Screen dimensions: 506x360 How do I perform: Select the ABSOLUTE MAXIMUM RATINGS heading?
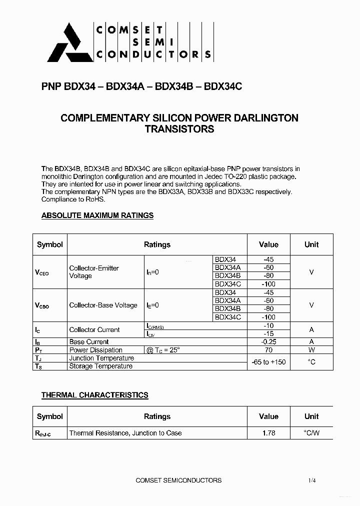pyautogui.click(x=97, y=215)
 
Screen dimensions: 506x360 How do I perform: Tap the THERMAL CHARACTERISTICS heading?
pyautogui.click(x=94, y=395)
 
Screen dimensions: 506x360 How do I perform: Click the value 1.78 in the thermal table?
pyautogui.click(x=268, y=433)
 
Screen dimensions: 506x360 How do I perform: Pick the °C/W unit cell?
pyautogui.click(x=311, y=433)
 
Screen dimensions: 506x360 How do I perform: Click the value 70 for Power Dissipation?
pyautogui.click(x=268, y=350)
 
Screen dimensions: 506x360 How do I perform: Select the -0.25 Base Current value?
pyautogui.click(x=268, y=342)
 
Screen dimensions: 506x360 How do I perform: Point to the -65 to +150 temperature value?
pyautogui.click(x=268, y=361)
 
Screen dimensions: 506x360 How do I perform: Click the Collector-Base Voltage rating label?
pyautogui.click(x=103, y=305)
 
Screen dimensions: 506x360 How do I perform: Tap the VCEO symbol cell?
pyautogui.click(x=42, y=272)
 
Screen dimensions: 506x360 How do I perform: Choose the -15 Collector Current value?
pyautogui.click(x=268, y=333)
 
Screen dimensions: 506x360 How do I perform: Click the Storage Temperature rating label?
pyautogui.click(x=101, y=366)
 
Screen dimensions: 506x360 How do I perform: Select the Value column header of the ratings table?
pyautogui.click(x=268, y=244)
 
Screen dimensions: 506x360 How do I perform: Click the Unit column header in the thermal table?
pyautogui.click(x=311, y=416)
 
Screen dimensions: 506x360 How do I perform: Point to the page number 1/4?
pyautogui.click(x=312, y=480)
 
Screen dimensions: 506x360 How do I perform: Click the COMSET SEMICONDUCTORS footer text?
pyautogui.click(x=178, y=480)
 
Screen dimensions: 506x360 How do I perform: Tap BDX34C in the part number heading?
pyautogui.click(x=223, y=86)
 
